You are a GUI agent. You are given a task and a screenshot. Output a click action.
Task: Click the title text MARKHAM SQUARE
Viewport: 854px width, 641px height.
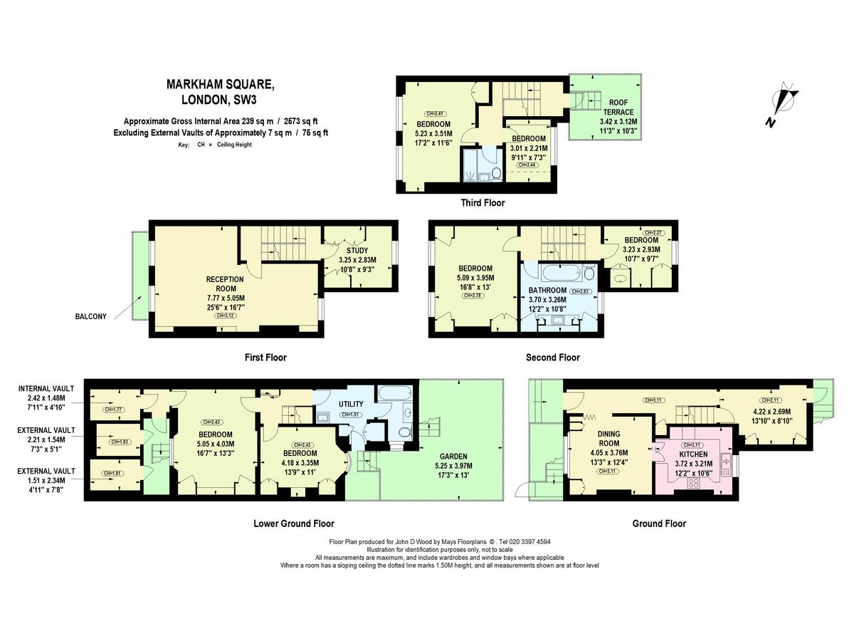[219, 84]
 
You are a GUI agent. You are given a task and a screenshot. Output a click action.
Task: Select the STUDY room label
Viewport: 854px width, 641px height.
[357, 250]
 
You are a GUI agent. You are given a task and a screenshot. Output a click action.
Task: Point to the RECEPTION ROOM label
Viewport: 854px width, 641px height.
[225, 283]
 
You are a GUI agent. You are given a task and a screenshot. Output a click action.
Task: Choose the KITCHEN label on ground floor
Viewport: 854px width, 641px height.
[693, 454]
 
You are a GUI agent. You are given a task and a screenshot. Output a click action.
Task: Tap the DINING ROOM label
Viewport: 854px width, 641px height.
[608, 438]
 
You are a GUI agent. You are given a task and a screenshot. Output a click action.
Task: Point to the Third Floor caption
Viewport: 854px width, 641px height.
[483, 203]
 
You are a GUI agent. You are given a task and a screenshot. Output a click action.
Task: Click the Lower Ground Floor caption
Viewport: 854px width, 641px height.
[294, 523]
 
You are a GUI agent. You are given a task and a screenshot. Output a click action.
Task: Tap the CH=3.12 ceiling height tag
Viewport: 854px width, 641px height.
[225, 315]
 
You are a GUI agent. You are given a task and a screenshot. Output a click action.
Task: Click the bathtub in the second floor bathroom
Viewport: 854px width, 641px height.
[553, 273]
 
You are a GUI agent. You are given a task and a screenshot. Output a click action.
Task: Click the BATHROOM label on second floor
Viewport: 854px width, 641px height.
[547, 291]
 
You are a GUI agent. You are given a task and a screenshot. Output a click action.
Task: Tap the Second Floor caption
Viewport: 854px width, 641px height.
[552, 358]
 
